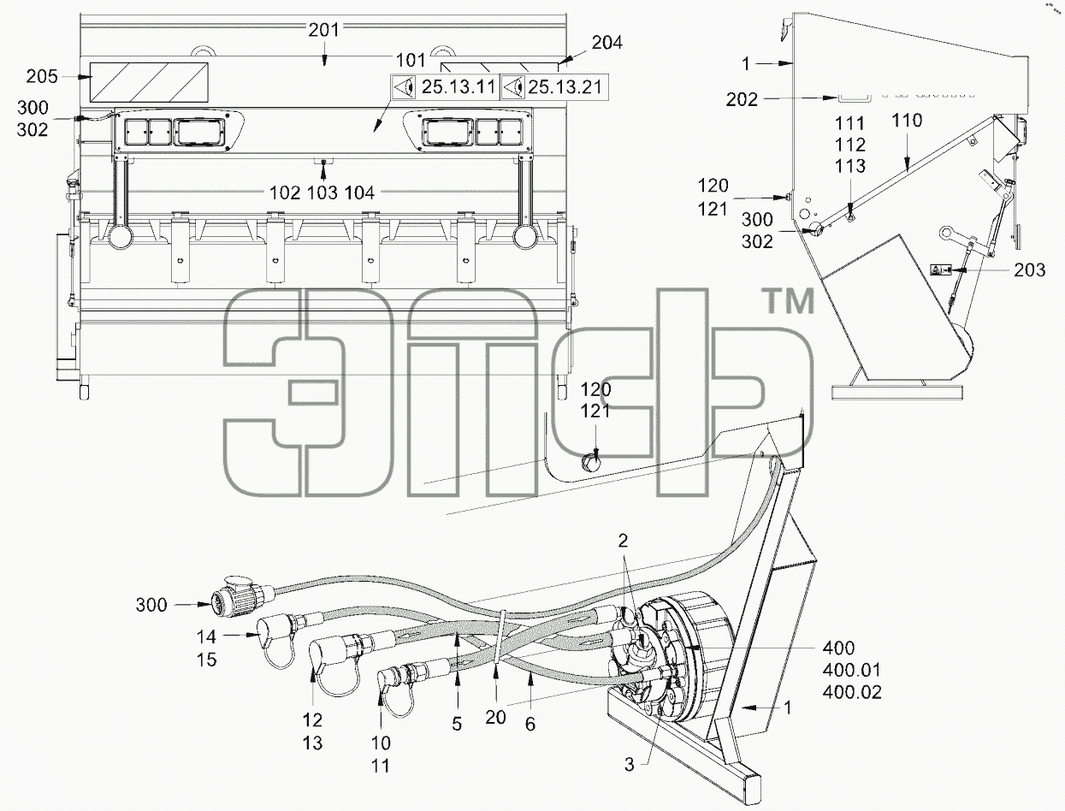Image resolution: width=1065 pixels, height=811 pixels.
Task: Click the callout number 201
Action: [323, 30]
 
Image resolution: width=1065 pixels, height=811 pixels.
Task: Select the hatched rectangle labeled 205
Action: [150, 82]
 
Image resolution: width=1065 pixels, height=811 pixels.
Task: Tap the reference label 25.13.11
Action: [458, 87]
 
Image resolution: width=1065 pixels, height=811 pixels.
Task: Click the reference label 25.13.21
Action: [565, 87]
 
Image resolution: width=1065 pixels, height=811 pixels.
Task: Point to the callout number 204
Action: [607, 43]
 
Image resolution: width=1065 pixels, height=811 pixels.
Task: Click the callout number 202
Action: [742, 99]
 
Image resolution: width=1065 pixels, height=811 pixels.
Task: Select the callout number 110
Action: [907, 121]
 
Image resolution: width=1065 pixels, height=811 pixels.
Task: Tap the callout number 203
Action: [1030, 269]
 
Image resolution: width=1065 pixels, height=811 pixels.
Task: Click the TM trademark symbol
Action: [790, 301]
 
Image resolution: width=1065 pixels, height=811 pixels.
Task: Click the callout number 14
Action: [206, 636]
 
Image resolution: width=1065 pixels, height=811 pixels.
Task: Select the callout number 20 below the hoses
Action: [495, 718]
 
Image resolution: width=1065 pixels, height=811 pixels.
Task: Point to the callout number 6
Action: [530, 725]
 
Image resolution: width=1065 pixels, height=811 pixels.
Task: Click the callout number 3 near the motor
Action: [629, 765]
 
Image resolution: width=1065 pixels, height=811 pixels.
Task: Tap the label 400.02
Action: [851, 692]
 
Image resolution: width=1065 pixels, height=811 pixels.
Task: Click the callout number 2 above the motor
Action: [623, 541]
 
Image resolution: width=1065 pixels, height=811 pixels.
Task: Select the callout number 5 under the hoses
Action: [457, 725]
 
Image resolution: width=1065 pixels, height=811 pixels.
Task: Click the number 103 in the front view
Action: [322, 193]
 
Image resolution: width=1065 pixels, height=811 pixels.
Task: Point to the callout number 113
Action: [850, 166]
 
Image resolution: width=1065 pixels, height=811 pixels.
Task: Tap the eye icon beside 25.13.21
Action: [513, 87]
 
